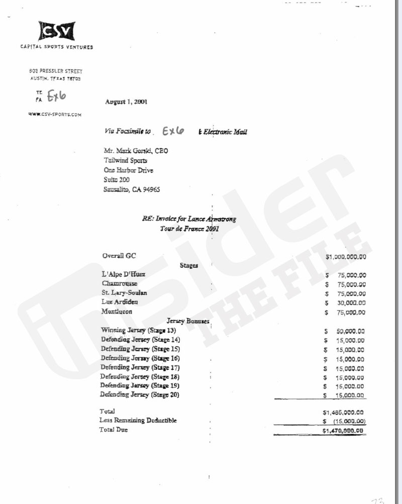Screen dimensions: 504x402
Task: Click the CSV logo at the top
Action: [x=57, y=32]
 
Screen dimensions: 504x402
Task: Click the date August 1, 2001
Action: [x=127, y=102]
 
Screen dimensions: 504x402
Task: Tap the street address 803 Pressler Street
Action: [x=55, y=72]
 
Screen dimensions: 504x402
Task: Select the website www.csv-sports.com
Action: [x=55, y=115]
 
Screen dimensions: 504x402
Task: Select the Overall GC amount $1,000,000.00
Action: [x=346, y=257]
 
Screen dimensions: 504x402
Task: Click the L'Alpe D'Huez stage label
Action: [x=122, y=274]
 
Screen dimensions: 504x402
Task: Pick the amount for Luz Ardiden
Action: [x=346, y=303]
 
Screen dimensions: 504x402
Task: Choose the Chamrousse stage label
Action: [x=120, y=283]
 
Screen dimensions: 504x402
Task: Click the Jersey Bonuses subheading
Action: [x=187, y=321]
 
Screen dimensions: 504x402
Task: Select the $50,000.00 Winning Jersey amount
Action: [x=346, y=331]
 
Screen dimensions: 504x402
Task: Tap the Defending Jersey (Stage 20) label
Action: [x=140, y=395]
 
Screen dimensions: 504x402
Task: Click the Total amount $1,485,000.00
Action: [x=345, y=412]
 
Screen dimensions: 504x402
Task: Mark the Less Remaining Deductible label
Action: [x=138, y=420]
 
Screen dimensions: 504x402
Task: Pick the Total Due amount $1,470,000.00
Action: [x=345, y=431]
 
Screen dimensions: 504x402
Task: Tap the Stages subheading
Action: [x=188, y=265]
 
